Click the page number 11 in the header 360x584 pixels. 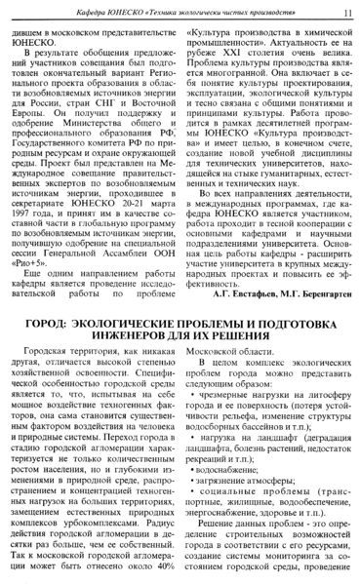coord(348,11)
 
